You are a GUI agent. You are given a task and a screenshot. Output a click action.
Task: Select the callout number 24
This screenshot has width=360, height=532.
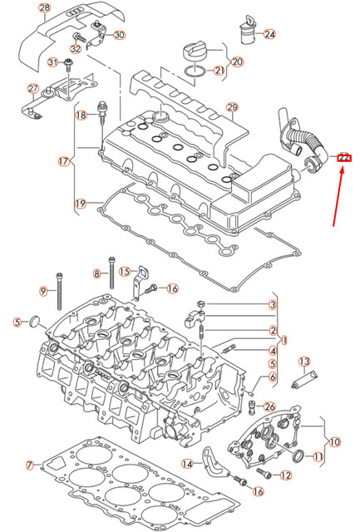click(269, 34)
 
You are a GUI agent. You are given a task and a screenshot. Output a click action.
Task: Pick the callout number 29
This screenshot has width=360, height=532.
click(232, 107)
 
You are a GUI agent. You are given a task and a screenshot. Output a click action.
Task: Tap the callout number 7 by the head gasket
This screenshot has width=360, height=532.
click(29, 464)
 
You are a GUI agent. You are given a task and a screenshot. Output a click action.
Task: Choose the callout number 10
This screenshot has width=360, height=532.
click(333, 442)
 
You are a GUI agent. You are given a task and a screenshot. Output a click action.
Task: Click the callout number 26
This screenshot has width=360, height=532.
click(269, 406)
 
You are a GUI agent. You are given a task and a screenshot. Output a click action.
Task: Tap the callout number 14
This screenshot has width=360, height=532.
click(187, 463)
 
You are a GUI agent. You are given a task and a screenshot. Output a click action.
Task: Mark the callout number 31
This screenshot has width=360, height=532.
click(52, 62)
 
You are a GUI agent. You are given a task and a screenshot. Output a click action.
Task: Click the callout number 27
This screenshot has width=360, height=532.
click(33, 89)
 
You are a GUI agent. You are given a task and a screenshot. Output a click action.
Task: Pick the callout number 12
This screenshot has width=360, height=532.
click(285, 475)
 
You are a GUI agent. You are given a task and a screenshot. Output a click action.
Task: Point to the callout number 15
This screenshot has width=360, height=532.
click(125, 271)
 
